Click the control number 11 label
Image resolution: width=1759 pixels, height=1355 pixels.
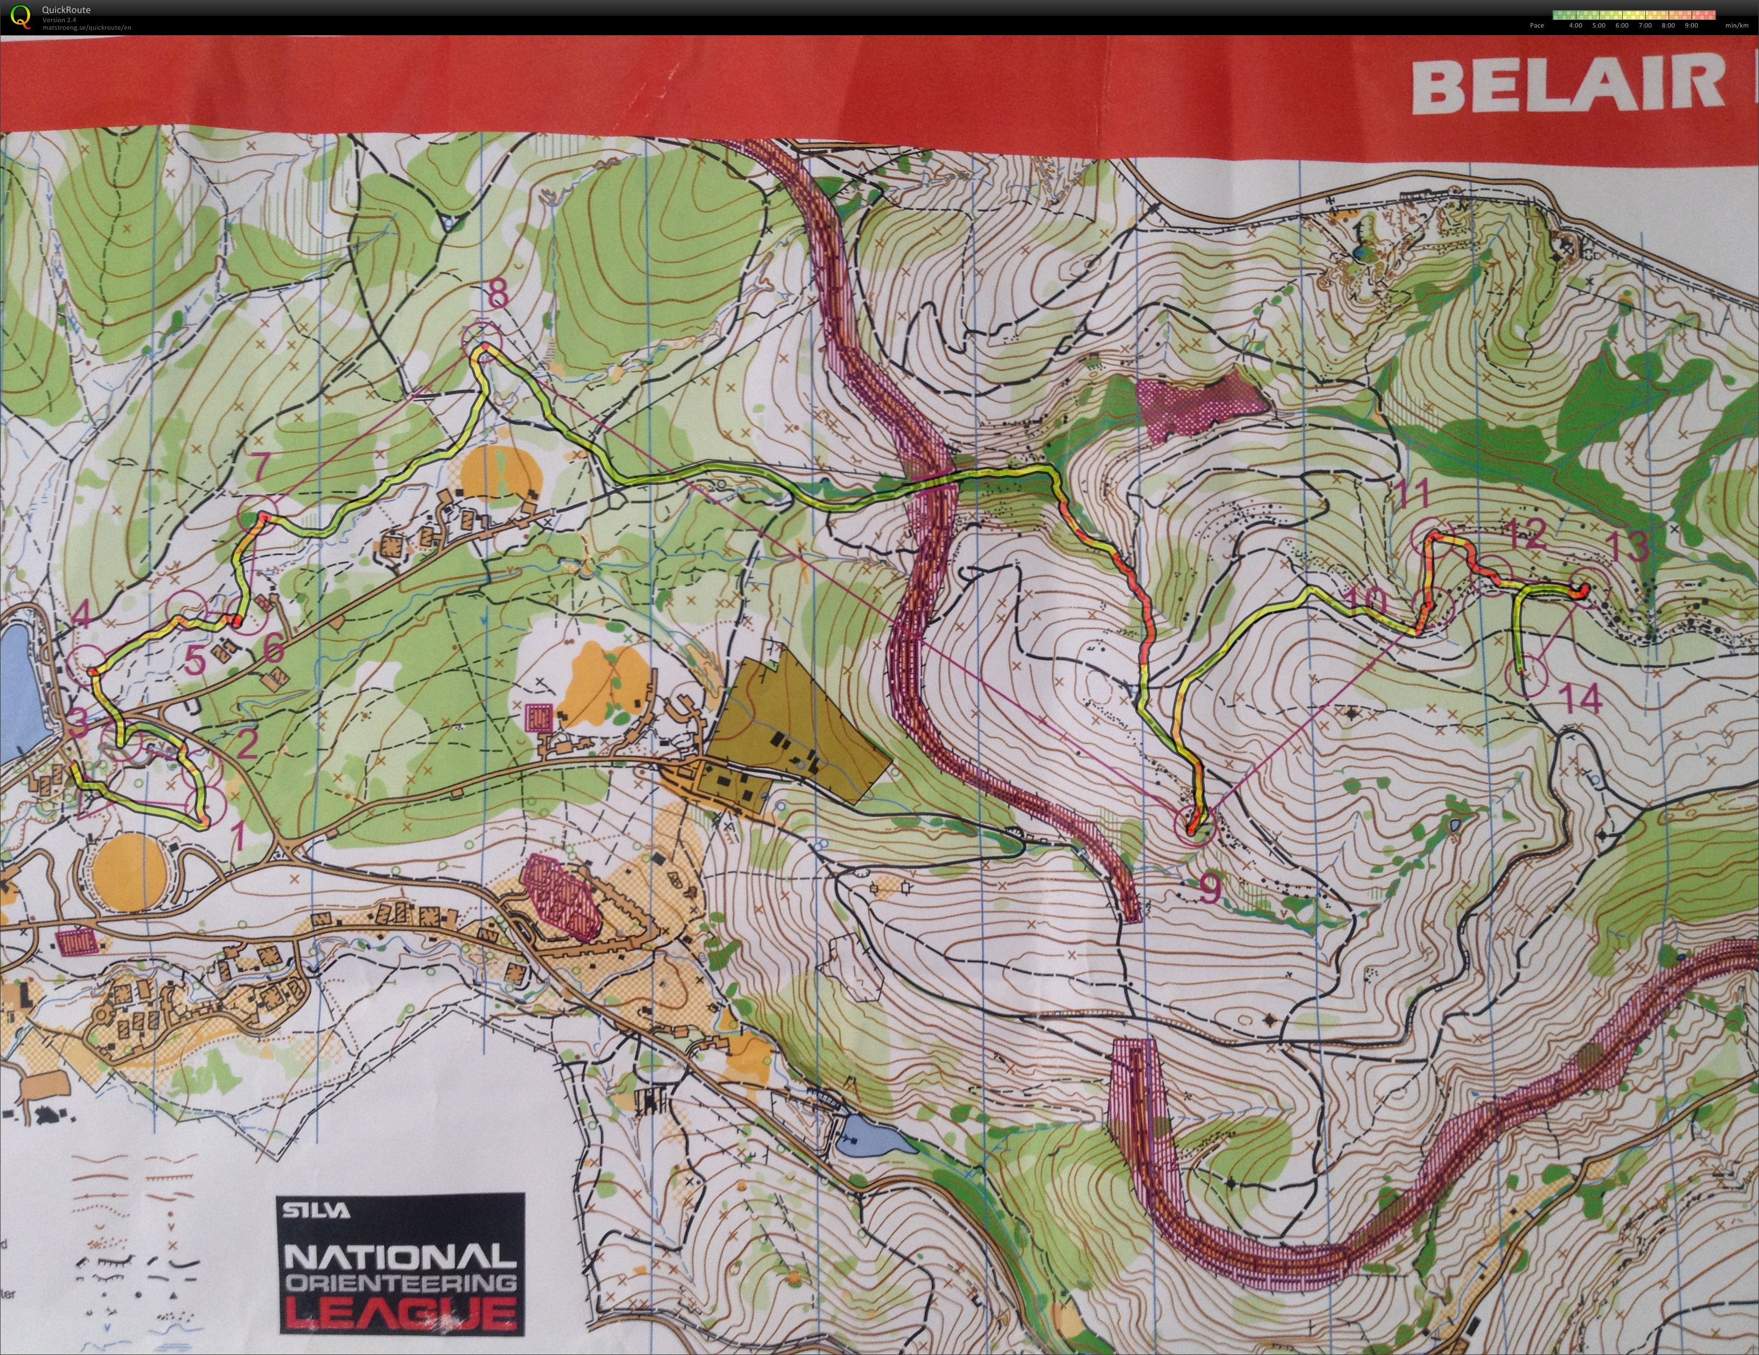pyautogui.click(x=1412, y=492)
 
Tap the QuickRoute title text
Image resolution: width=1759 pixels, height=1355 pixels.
pyautogui.click(x=66, y=10)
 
